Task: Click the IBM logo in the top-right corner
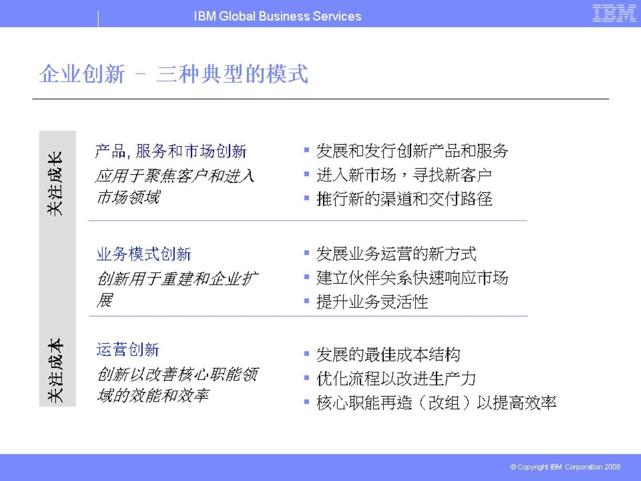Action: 614,13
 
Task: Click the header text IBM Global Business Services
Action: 277,16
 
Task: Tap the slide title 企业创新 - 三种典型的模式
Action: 174,74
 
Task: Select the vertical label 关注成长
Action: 56,183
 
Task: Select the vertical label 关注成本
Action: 56,371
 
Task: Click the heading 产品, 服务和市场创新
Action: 171,151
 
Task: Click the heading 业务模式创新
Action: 144,254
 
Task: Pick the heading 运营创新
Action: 128,350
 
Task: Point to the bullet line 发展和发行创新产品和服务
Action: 412,151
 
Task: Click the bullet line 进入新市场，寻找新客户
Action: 404,175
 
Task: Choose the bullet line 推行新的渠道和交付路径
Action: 404,199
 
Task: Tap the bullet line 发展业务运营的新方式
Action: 396,254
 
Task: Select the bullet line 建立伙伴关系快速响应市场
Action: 412,278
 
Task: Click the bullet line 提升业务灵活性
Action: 372,302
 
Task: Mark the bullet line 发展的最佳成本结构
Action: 388,355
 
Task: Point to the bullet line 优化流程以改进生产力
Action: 396,379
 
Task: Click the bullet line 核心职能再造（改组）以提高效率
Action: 436,403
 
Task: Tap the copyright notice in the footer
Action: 565,467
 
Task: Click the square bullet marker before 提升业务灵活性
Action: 307,301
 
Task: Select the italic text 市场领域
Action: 128,197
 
